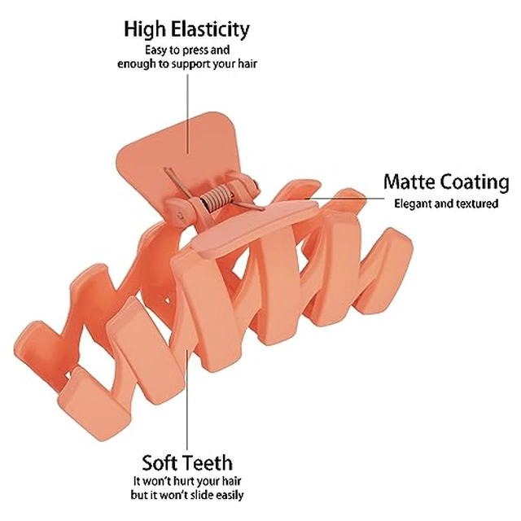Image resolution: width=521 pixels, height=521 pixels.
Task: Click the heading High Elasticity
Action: [186, 30]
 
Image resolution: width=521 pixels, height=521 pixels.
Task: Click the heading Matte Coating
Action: [446, 182]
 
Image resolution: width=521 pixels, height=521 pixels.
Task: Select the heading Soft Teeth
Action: [187, 463]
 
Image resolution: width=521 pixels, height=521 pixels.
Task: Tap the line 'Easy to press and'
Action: [187, 50]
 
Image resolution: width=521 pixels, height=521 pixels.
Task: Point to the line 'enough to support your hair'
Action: [187, 63]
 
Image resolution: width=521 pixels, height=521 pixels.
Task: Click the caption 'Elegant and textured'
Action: [446, 204]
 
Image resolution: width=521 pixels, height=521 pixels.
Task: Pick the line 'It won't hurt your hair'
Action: [187, 481]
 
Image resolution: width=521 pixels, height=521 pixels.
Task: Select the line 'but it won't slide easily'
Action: [187, 495]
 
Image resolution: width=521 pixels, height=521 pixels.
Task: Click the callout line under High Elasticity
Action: [188, 114]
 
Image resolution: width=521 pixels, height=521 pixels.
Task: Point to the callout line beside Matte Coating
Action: [344, 199]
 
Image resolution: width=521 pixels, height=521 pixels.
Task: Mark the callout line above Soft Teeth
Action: [187, 399]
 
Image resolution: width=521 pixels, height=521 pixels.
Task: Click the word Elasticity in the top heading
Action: [210, 30]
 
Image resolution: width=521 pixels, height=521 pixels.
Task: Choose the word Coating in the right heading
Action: [473, 182]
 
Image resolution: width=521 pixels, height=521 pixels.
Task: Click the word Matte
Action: [409, 182]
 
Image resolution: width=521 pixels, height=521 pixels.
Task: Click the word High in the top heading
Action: [144, 30]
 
